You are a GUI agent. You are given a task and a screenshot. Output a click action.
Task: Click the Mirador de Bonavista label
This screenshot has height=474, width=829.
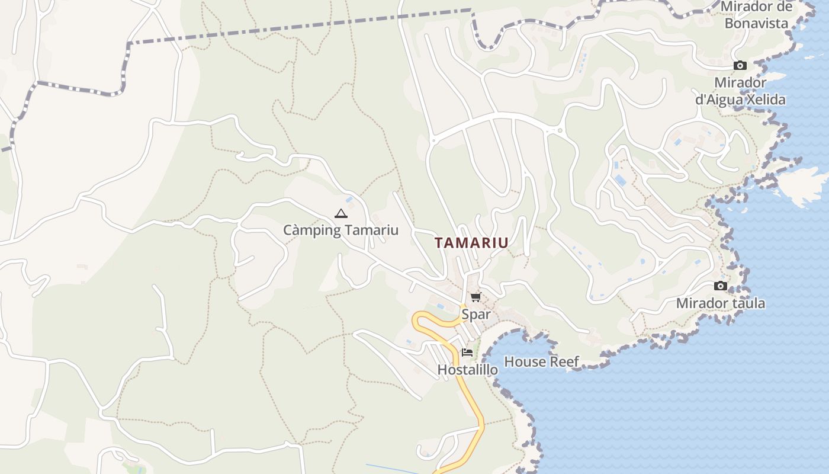[757, 15]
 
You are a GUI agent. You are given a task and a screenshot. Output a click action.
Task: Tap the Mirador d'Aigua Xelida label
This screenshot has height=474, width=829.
[740, 91]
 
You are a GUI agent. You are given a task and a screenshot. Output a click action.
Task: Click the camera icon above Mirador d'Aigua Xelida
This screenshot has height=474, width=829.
[740, 66]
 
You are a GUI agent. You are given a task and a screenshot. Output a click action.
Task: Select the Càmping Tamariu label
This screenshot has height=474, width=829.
[340, 230]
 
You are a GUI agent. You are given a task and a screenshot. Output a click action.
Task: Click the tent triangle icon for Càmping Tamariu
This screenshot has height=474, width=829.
[340, 213]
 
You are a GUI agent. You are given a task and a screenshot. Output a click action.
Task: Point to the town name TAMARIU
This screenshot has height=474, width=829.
[471, 243]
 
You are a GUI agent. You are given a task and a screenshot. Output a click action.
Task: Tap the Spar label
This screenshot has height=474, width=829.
[476, 314]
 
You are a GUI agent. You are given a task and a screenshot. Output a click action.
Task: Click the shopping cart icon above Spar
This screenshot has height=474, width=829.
[475, 297]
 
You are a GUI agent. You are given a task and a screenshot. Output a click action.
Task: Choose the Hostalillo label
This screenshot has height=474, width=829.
[467, 370]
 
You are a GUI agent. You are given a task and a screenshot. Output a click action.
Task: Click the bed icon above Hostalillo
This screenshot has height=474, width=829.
[467, 353]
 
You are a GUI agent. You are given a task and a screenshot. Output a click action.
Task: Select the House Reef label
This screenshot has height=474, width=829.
[541, 361]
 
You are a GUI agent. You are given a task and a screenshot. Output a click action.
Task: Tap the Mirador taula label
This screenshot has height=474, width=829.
[720, 303]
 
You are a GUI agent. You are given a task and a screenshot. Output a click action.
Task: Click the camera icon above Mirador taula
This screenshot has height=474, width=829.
[720, 286]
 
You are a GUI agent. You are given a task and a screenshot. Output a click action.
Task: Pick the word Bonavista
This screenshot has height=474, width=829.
[757, 24]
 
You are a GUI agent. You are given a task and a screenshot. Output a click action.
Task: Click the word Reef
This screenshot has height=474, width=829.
[566, 361]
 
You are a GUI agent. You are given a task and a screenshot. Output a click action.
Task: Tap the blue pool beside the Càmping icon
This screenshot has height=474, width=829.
[349, 200]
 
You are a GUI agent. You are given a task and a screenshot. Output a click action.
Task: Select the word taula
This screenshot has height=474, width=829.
[747, 303]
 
